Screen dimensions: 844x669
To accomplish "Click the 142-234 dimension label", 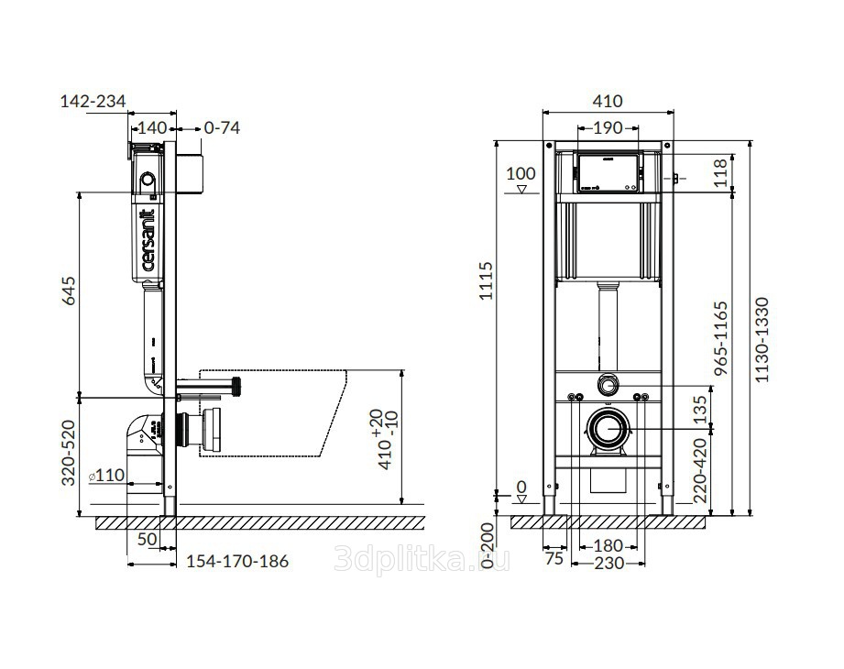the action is [x=93, y=101].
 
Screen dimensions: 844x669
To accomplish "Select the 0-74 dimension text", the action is [x=222, y=128].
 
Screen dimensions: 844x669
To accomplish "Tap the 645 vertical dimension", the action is [x=70, y=291].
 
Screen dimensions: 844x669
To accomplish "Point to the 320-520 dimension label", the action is [x=69, y=453].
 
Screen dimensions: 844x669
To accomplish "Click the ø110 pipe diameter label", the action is [x=106, y=476].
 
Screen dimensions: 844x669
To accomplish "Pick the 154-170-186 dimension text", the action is [x=237, y=562].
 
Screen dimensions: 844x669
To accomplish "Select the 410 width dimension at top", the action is [x=608, y=101].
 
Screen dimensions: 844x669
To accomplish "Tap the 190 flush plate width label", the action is [x=608, y=128].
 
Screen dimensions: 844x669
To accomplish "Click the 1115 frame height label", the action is [x=486, y=280].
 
